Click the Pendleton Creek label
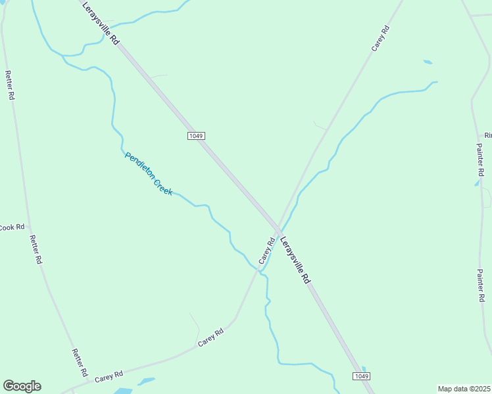149,173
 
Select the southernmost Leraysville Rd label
295,260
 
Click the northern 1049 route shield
196,136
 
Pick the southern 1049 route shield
361,376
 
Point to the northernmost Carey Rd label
381,38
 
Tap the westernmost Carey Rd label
109,378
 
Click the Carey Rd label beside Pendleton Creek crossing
266,252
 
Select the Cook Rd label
11,227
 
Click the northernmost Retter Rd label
10,85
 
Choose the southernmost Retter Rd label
80,362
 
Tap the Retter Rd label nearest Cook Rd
36,250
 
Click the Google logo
22,386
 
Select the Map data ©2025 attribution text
463,389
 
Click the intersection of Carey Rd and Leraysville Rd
279,229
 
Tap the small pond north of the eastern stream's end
428,62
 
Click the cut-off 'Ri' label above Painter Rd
488,135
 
